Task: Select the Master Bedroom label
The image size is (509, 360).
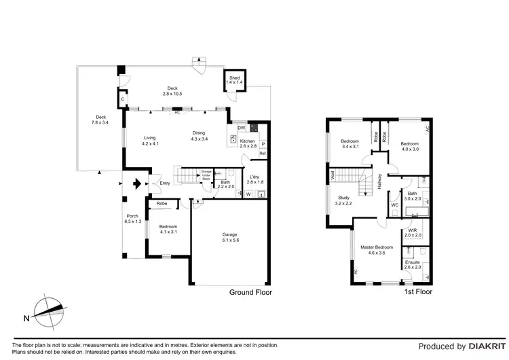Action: [x=372, y=249]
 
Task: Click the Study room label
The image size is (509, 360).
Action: [x=344, y=200]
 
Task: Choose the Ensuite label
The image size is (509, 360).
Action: [x=413, y=264]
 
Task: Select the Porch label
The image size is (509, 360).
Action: [x=132, y=219]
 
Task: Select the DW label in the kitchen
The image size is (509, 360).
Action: [x=240, y=128]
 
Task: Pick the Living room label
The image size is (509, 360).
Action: [x=149, y=141]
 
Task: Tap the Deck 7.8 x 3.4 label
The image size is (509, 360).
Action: [x=100, y=120]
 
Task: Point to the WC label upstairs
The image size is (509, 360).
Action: [x=394, y=204]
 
